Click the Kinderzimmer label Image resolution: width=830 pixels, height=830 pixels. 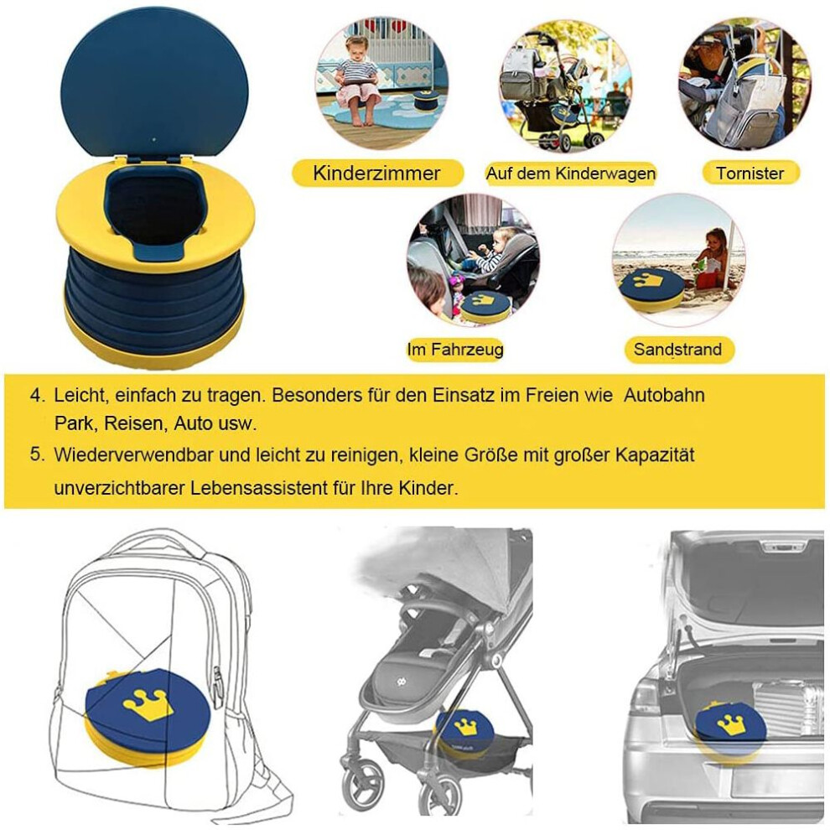click(376, 173)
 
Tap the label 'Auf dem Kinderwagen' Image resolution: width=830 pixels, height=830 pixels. click(571, 173)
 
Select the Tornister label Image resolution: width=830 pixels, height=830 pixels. click(750, 173)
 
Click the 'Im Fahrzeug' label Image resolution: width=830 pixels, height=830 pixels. click(454, 350)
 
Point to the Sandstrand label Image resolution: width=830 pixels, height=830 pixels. click(677, 350)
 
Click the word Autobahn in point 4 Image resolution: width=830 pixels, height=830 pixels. click(664, 396)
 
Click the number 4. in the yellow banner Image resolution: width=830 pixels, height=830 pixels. click(37, 396)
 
